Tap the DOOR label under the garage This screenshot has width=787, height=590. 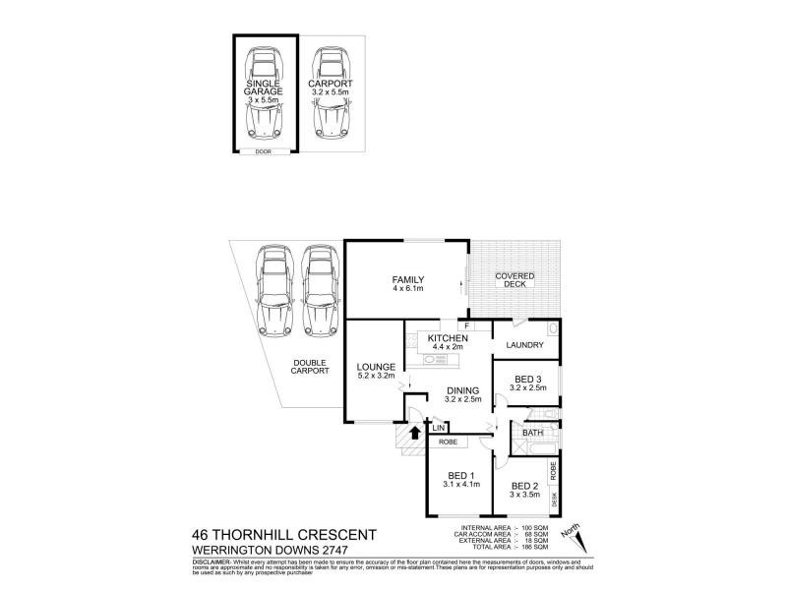(x=263, y=151)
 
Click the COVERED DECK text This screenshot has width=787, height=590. (x=515, y=281)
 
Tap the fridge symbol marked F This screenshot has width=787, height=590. (x=468, y=325)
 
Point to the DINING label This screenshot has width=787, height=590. (x=462, y=390)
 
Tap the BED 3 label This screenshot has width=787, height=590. (x=529, y=380)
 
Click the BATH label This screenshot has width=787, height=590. (x=532, y=433)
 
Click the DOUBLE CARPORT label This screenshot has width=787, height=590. (x=310, y=368)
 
